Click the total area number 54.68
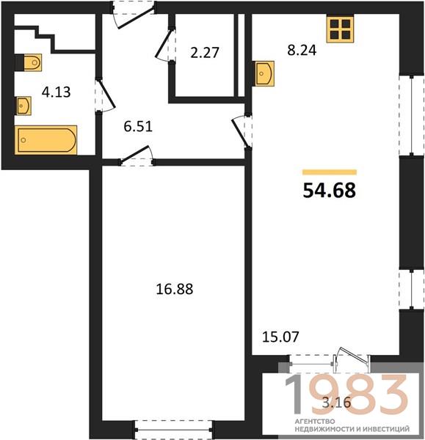[330, 190]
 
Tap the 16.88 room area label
[175, 289]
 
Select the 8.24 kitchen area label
[302, 50]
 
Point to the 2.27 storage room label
[205, 53]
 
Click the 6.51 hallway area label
[138, 126]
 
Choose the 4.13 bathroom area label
[57, 92]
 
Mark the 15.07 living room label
[280, 337]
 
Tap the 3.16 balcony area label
[336, 403]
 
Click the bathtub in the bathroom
[46, 140]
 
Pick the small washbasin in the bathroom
[23, 106]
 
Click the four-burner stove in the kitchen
[340, 29]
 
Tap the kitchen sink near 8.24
[264, 74]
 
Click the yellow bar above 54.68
[330, 172]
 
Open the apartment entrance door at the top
[133, 15]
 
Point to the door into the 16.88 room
[137, 156]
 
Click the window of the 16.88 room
[173, 429]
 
